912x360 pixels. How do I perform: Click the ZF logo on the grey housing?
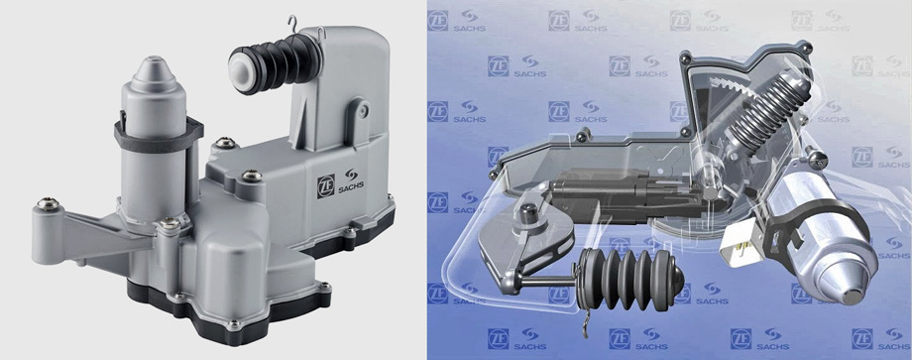point(326,186)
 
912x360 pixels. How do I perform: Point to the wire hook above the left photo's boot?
point(296,25)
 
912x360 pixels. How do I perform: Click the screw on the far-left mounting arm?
point(48,203)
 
